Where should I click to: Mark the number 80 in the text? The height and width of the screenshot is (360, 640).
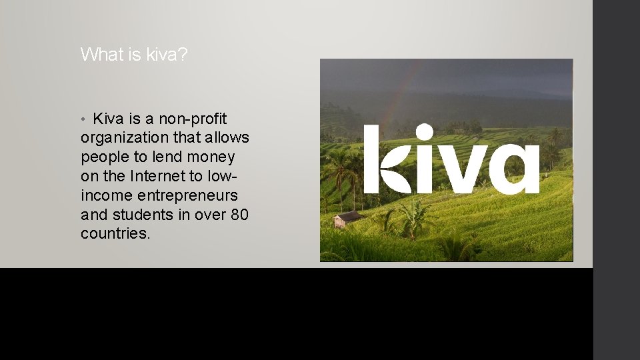click(x=240, y=215)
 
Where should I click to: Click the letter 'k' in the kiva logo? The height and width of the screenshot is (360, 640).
click(x=381, y=160)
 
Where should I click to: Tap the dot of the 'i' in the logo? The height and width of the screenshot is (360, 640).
click(x=425, y=133)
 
